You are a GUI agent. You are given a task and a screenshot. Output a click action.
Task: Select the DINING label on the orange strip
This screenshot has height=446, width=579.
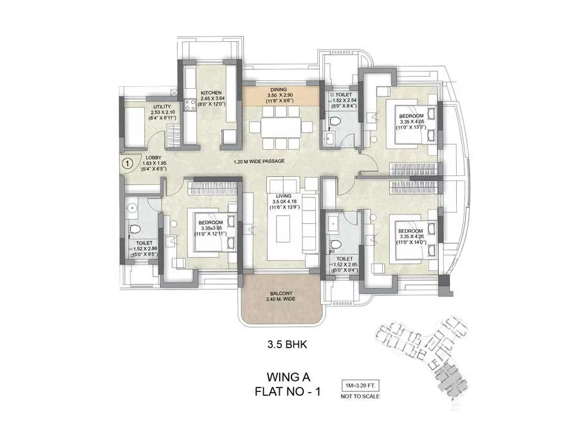click(x=278, y=90)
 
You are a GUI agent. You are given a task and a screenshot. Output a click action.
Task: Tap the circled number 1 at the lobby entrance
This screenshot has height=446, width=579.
click(x=127, y=163)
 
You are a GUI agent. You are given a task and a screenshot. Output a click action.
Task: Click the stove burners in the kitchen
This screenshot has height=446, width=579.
click(x=190, y=104)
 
